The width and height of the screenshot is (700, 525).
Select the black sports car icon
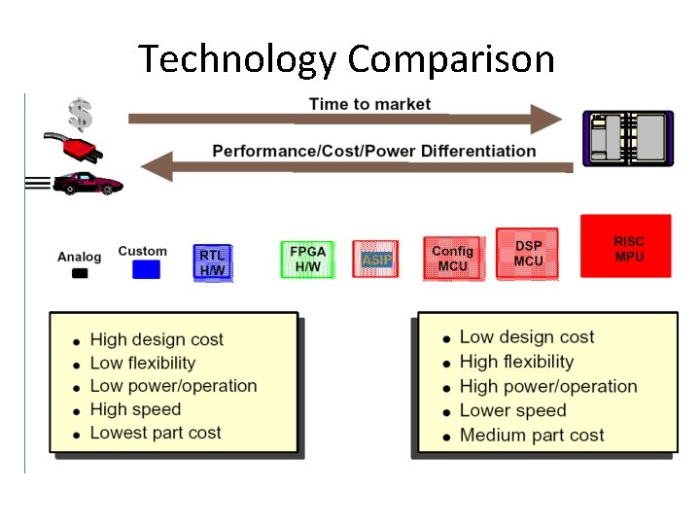pyautogui.click(x=87, y=183)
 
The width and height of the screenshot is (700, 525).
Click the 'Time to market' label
pyautogui.click(x=369, y=104)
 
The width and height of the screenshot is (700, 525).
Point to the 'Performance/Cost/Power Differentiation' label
pyautogui.click(x=373, y=151)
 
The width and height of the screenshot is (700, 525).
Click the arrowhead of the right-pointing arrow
pyautogui.click(x=544, y=119)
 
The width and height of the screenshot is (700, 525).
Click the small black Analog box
pyautogui.click(x=80, y=273)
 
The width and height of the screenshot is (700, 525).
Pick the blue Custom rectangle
pyautogui.click(x=146, y=269)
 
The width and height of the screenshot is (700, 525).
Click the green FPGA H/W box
pyautogui.click(x=307, y=259)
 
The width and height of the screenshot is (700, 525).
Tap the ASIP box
pyautogui.click(x=376, y=260)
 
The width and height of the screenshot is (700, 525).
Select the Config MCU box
pyautogui.click(x=452, y=258)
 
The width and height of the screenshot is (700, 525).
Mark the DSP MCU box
pyautogui.click(x=528, y=254)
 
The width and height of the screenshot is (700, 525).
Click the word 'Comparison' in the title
pyautogui.click(x=450, y=60)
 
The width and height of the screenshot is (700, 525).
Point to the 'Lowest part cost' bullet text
pyautogui.click(x=156, y=433)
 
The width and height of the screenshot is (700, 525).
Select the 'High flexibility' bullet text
pyautogui.click(x=516, y=362)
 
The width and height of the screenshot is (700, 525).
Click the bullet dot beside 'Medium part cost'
pyautogui.click(x=446, y=437)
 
